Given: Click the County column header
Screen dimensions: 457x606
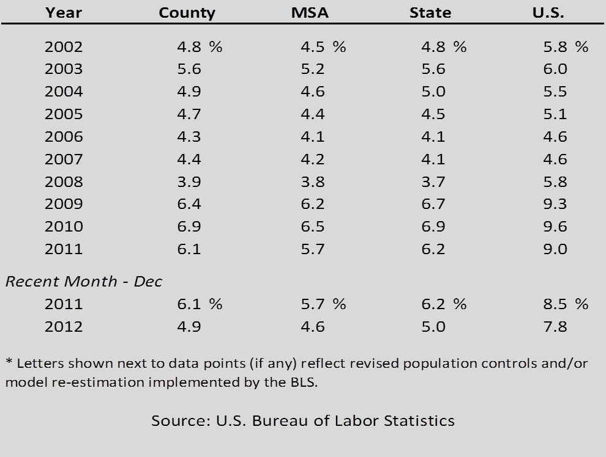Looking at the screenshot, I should tap(187, 13).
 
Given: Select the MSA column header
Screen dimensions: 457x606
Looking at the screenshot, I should tap(310, 13).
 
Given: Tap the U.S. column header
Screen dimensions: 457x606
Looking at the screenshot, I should tap(548, 13).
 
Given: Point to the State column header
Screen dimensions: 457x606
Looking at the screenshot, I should tap(430, 13).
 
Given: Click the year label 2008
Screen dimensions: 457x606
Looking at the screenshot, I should tap(64, 182).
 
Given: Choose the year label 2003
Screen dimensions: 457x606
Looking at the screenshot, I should tap(64, 70).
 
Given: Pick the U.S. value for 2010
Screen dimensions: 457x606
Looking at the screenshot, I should tap(555, 227).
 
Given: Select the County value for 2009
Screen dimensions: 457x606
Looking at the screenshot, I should tap(189, 204).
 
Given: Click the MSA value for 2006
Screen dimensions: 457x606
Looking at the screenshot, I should tap(312, 137).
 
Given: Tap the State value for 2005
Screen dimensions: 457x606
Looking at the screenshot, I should tap(433, 114).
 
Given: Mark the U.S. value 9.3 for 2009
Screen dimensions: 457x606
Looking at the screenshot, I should tap(555, 204).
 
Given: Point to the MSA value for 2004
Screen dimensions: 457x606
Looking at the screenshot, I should tap(312, 92).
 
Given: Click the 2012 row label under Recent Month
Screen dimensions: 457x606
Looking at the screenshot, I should tap(64, 327).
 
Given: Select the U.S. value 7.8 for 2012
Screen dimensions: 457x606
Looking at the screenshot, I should tap(555, 327).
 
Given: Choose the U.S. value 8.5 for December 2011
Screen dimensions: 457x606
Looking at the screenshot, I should tap(555, 304).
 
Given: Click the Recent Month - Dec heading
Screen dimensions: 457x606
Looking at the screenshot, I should tap(84, 282).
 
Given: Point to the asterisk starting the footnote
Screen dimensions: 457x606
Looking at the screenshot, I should tap(9, 362).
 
